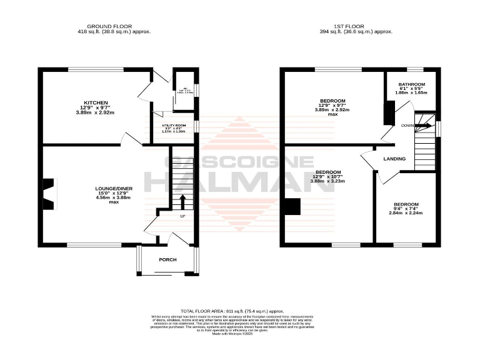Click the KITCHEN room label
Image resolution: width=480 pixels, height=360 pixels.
97,102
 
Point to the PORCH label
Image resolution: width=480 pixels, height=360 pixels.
167,260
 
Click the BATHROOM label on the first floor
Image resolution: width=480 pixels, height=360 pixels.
412,84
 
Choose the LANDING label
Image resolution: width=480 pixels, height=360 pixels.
395,159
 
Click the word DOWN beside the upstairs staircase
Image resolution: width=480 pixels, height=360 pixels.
407,125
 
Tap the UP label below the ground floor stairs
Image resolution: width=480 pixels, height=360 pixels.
183,216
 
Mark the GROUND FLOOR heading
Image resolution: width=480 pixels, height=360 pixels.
114,26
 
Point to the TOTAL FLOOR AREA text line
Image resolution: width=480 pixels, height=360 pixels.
232,311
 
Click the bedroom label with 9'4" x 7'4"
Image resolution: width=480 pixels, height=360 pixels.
406,205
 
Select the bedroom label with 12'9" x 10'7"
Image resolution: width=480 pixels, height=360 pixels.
328,172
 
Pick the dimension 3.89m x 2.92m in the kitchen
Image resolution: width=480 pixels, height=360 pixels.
97,113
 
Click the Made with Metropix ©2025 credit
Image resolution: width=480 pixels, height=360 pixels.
232,335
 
